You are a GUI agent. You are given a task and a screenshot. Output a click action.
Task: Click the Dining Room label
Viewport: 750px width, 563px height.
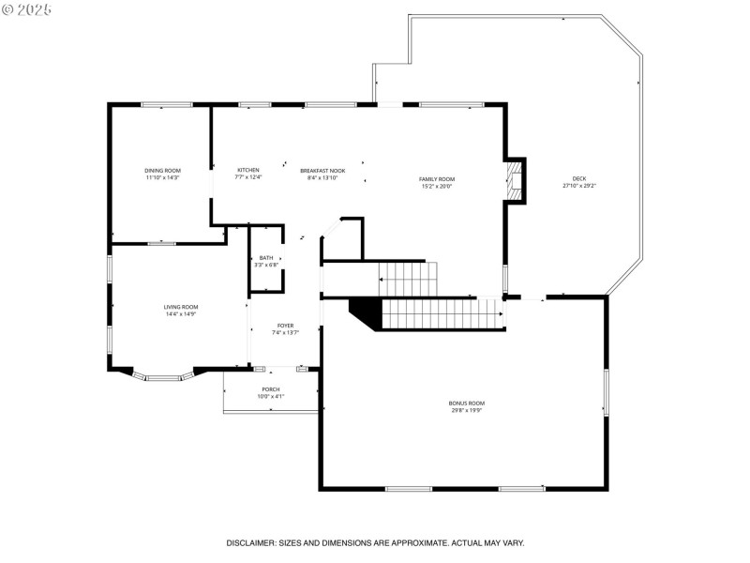pos(162,170)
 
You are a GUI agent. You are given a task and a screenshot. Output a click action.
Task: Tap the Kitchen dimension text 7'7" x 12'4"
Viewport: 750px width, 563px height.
pos(248,177)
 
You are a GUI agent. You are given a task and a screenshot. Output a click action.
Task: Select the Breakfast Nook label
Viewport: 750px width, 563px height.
pos(322,171)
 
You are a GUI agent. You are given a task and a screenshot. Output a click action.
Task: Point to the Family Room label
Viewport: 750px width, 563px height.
pos(437,179)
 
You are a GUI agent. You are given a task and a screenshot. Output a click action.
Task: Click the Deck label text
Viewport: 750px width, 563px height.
pos(578,179)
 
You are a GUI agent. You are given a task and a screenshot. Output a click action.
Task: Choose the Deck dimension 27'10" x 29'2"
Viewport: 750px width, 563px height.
pos(578,186)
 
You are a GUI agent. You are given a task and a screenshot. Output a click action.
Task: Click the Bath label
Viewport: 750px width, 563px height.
pos(266,258)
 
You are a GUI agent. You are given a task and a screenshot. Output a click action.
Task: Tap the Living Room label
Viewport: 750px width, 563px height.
pos(181,307)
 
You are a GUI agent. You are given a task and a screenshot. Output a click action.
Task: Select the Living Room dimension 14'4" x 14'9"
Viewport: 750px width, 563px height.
pos(181,314)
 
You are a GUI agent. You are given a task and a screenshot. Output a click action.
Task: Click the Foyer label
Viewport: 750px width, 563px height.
pos(285,326)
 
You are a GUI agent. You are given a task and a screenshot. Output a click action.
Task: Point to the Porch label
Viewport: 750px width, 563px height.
pos(271,389)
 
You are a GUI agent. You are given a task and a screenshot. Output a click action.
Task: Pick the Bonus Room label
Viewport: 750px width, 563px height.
pos(466,403)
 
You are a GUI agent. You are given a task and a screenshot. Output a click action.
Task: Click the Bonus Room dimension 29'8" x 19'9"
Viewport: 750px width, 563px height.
pos(466,410)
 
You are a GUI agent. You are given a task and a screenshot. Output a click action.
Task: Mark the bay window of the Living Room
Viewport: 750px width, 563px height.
pos(161,377)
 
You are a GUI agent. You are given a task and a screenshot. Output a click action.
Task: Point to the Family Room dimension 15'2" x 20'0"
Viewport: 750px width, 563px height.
pos(437,186)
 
